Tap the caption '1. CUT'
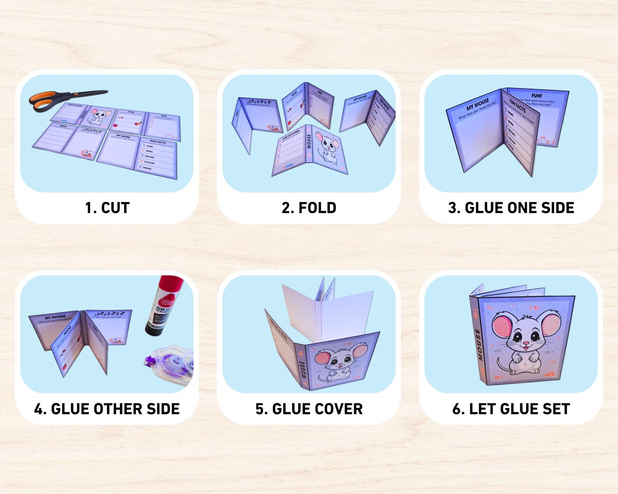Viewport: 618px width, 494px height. coord(107,208)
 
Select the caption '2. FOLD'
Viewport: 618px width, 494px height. coord(309,208)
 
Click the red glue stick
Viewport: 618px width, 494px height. coord(163,305)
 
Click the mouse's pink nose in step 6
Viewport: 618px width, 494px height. coord(526,344)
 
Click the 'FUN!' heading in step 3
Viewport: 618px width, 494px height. coord(537,95)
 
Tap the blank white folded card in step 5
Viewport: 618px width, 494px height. coord(327,311)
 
